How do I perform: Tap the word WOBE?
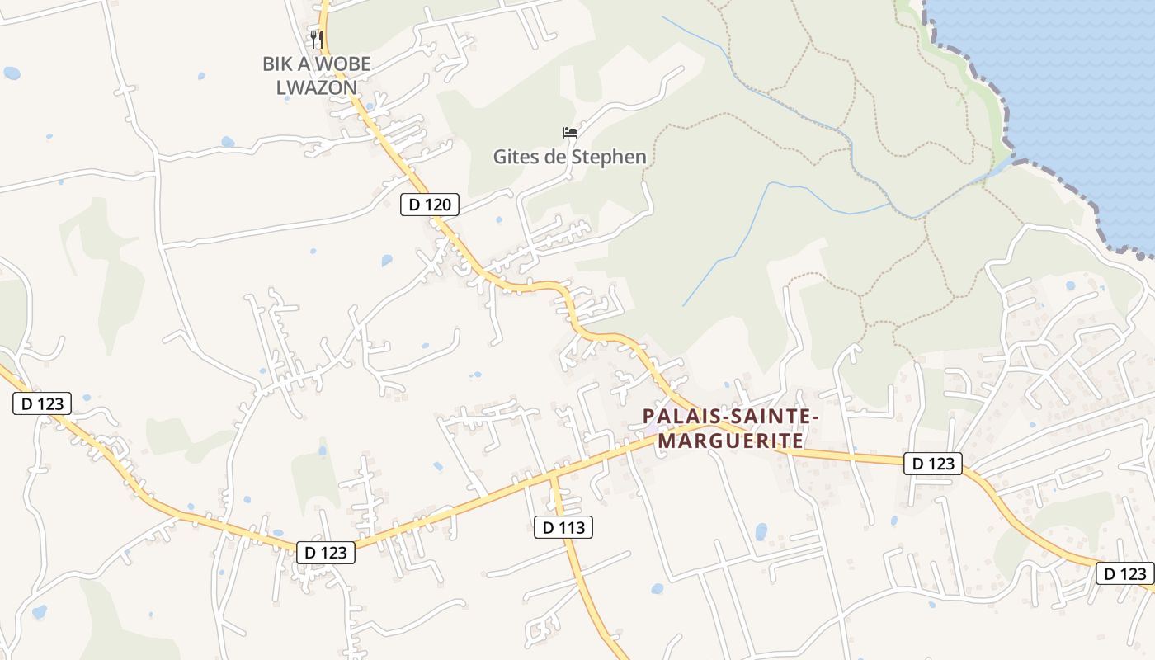(342, 64)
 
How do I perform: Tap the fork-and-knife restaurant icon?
(316, 39)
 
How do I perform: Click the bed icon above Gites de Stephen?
(569, 132)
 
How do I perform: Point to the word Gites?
(516, 156)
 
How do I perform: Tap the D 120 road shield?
(429, 205)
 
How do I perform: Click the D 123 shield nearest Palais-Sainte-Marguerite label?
(933, 464)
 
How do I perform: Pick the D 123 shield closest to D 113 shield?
(325, 553)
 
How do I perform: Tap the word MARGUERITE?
(731, 441)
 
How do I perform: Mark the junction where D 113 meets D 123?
(553, 476)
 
